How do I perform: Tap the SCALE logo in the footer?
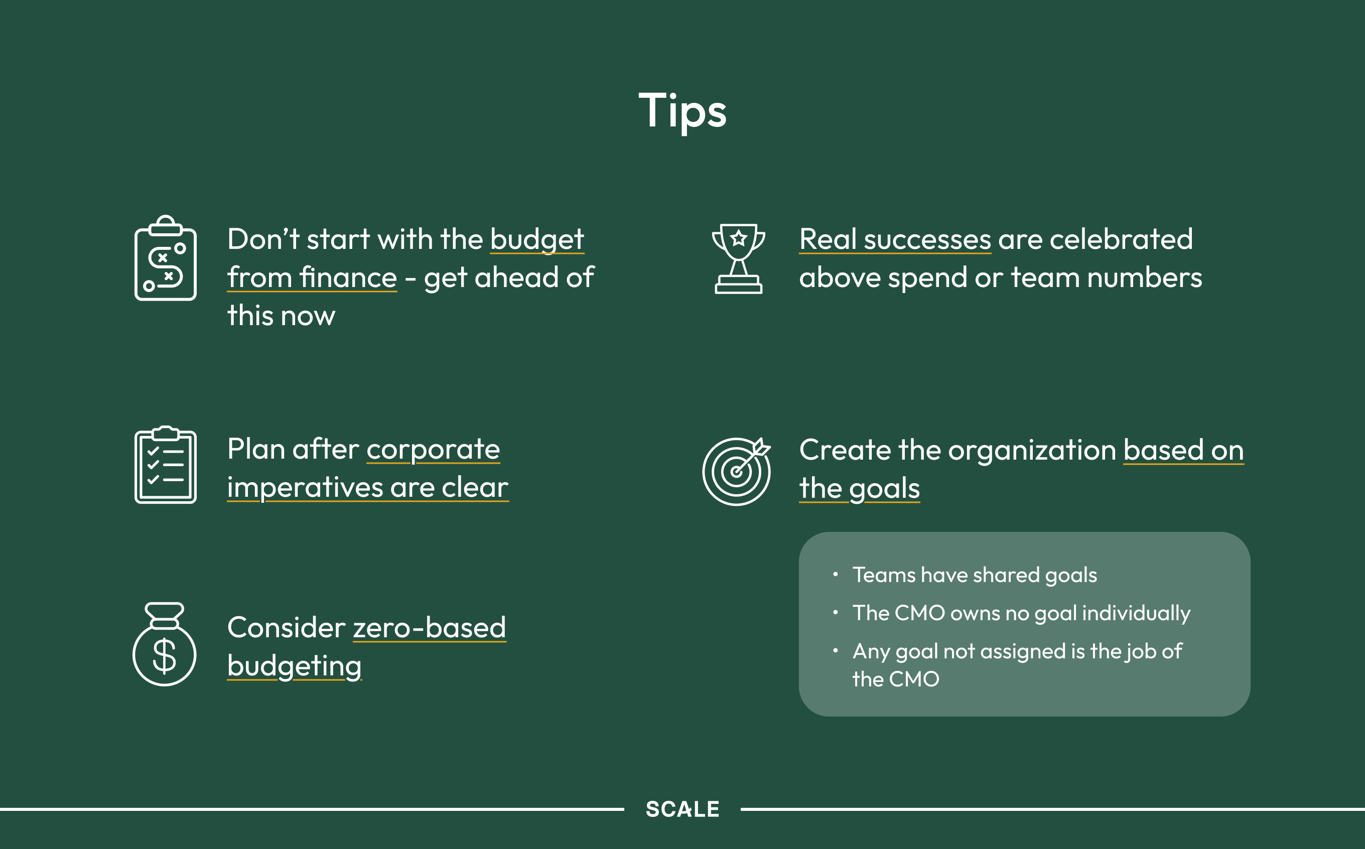pos(682,809)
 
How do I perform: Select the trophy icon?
pos(738,259)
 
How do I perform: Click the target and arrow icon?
pos(737,471)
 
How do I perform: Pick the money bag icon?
pos(165,644)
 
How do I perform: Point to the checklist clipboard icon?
pos(166,465)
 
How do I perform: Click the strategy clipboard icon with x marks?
pos(166,258)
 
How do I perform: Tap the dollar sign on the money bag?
pos(165,656)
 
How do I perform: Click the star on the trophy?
pos(739,238)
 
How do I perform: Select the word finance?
pos(348,277)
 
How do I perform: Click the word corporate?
pos(433,450)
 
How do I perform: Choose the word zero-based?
pos(430,627)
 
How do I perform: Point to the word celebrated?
pos(1121,239)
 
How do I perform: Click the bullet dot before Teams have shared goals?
pos(836,574)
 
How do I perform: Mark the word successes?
pos(927,240)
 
